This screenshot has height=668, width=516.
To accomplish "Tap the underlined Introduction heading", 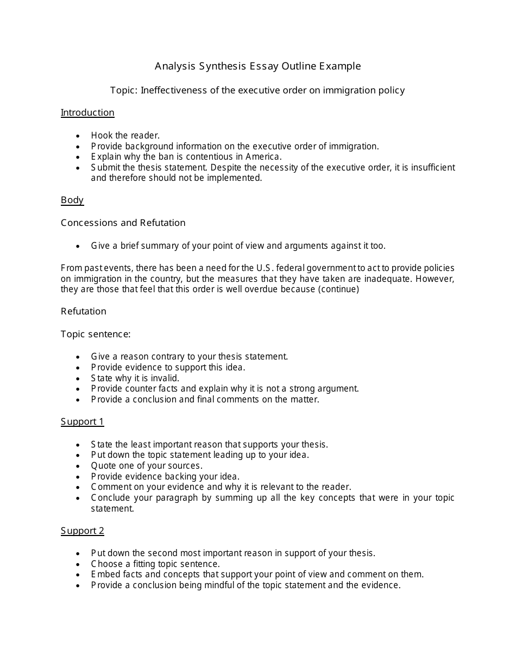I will pyautogui.click(x=87, y=112).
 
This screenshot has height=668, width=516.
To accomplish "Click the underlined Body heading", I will pyautogui.click(x=72, y=200).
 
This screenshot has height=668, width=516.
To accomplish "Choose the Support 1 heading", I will pyautogui.click(x=82, y=421).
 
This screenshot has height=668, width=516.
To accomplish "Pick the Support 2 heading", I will pyautogui.click(x=82, y=531).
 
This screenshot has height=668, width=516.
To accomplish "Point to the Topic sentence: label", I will pyautogui.click(x=96, y=334).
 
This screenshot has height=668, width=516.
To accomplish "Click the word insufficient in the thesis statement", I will pyautogui.click(x=430, y=167).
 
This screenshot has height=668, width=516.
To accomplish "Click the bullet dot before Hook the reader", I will pyautogui.click(x=79, y=136).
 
